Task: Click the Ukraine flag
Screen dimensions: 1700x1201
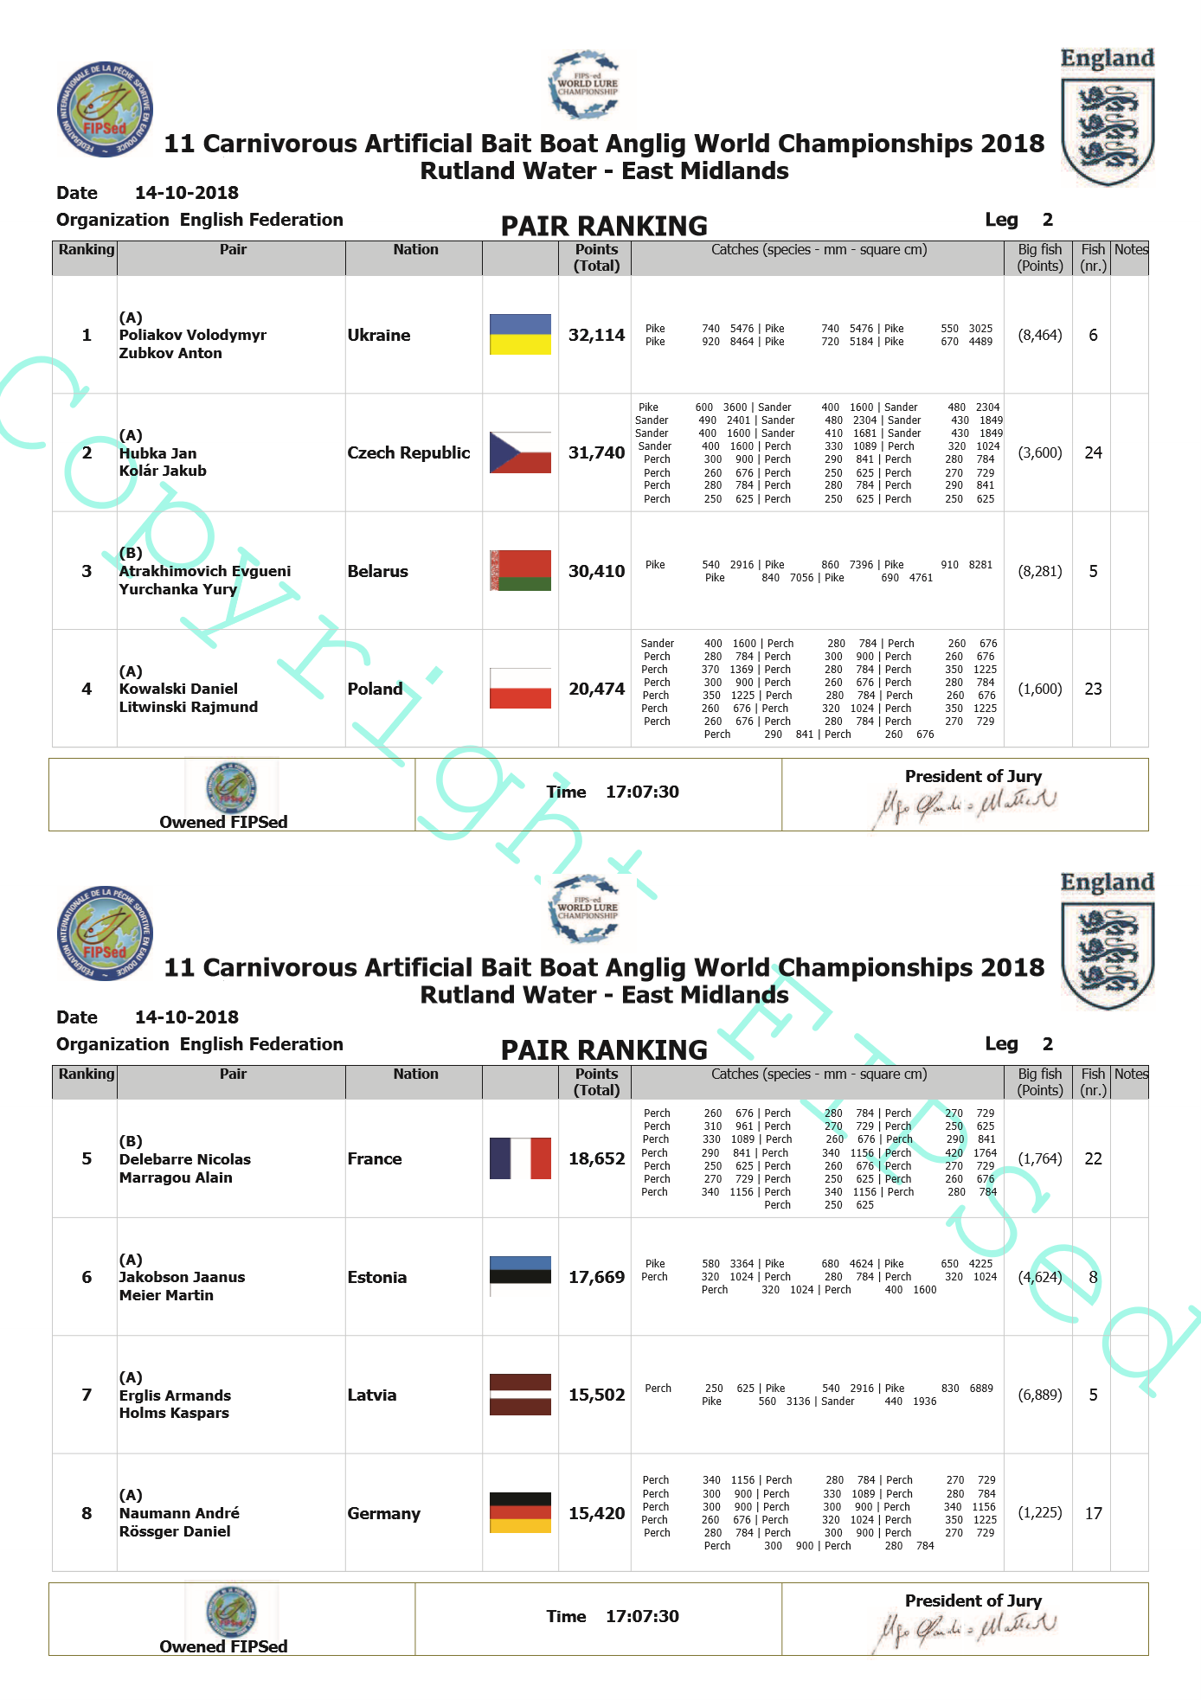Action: point(520,334)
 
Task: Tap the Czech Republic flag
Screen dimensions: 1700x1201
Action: point(520,452)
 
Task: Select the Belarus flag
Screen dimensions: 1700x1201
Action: point(520,570)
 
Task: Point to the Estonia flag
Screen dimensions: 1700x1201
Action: point(520,1276)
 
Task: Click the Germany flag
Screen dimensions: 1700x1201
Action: point(520,1512)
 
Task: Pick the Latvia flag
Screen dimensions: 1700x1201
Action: point(520,1394)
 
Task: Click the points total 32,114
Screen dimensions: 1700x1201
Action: point(596,335)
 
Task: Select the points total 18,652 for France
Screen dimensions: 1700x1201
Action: point(596,1158)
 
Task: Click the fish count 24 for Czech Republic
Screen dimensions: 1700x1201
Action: point(1093,452)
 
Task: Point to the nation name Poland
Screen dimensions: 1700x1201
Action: point(375,689)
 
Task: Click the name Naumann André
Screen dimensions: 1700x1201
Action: point(179,1513)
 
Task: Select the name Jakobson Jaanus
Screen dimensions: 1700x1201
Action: point(182,1277)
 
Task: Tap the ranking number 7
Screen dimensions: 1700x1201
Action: point(87,1395)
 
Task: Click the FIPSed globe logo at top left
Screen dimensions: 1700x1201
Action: point(105,109)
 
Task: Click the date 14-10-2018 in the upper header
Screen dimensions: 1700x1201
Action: point(186,193)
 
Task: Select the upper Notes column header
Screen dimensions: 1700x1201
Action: point(1130,250)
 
